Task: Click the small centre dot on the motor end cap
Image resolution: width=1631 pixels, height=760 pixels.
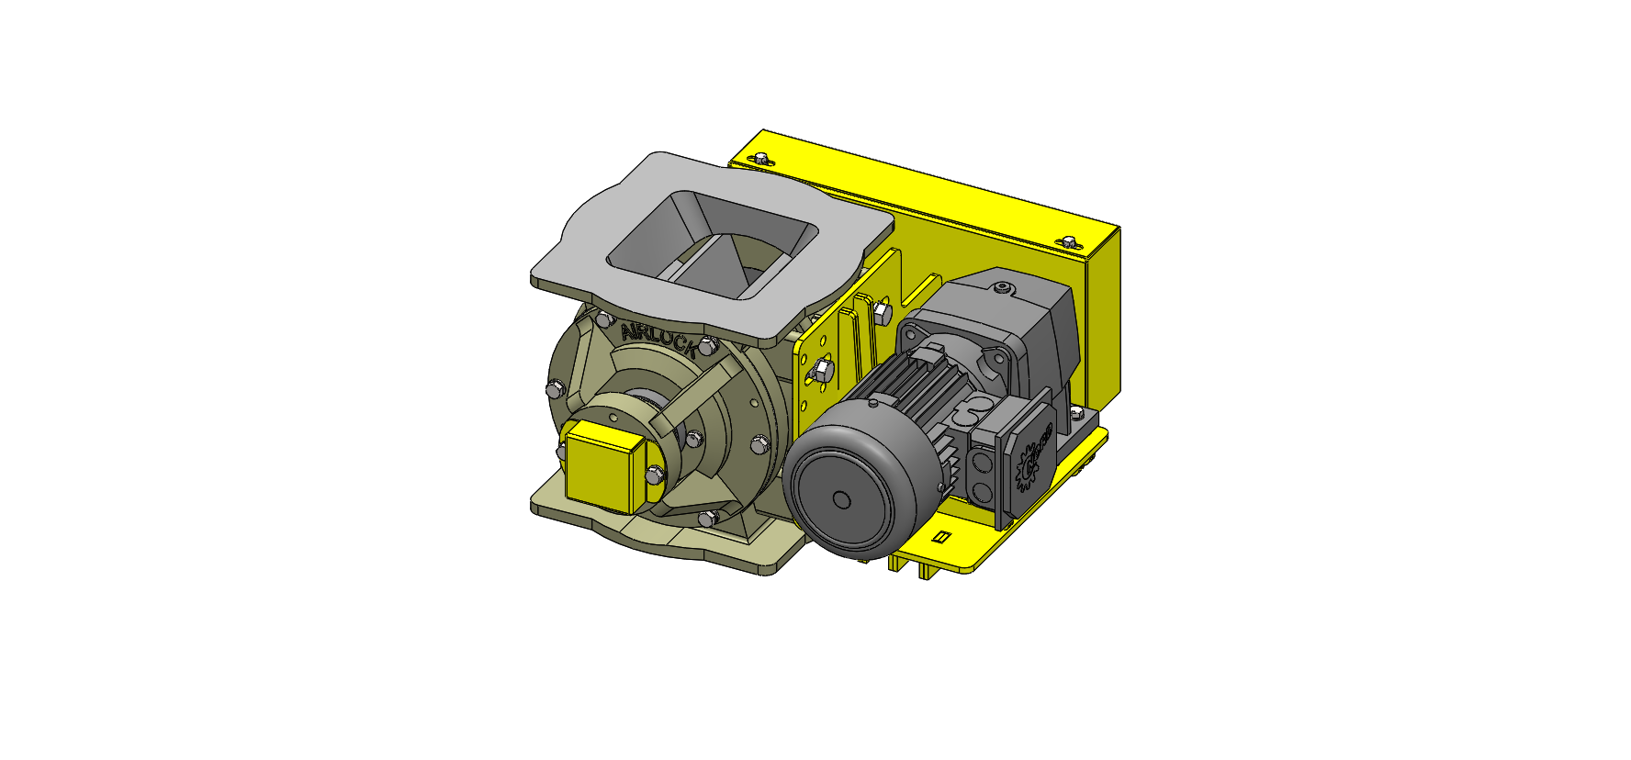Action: point(841,500)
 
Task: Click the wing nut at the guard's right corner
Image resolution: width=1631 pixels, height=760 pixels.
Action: point(1068,242)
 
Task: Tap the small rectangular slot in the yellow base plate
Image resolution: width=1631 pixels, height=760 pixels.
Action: point(939,537)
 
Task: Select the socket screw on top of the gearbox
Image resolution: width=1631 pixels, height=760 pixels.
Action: point(1002,290)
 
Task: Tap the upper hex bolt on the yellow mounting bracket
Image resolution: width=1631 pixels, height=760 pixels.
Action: point(881,312)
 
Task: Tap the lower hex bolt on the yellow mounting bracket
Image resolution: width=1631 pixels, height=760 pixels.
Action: point(822,370)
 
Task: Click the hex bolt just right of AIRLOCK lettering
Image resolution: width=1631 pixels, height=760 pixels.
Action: point(706,346)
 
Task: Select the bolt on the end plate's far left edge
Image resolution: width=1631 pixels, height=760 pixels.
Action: point(554,391)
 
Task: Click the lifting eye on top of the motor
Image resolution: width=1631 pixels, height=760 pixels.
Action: point(874,401)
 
